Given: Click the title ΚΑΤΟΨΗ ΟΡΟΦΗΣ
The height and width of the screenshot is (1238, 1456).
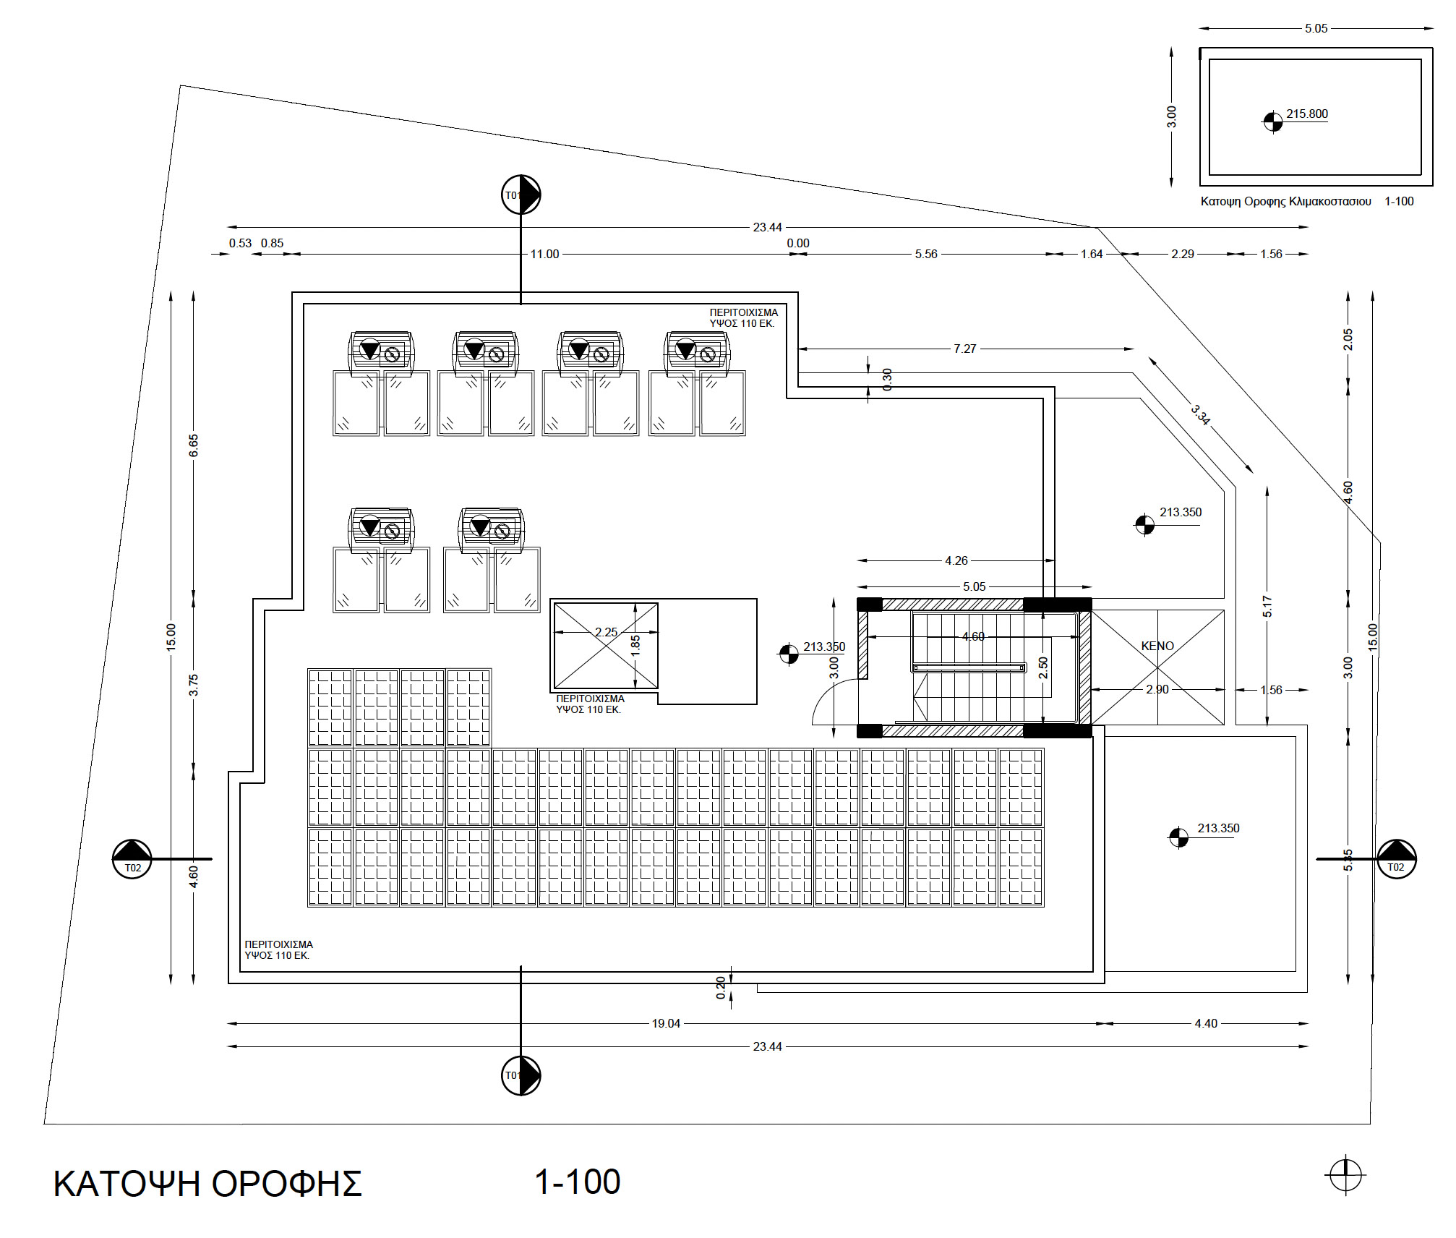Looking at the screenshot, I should (207, 1184).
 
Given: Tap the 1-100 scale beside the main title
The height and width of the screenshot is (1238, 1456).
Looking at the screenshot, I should (577, 1182).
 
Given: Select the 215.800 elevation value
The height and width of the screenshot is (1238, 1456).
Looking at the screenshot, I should (1306, 114).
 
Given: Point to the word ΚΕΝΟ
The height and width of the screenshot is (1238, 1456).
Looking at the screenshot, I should (1157, 646).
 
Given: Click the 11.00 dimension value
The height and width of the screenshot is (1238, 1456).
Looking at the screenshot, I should (544, 255).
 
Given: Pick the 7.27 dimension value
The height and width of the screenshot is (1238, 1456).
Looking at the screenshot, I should (964, 349).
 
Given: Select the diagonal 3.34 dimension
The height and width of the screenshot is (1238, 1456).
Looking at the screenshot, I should (1200, 415).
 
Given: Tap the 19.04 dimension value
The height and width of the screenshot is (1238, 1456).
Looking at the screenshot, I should (666, 1023).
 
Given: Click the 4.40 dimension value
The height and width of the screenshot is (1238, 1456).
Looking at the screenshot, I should (1205, 1023).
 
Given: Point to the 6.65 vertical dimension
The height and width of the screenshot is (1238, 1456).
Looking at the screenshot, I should (194, 445).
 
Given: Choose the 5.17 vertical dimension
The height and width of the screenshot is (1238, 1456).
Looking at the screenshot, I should (1267, 606).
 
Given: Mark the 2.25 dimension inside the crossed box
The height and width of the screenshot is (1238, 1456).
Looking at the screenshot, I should (606, 632).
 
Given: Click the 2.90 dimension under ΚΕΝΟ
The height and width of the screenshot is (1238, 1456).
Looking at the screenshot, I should (1157, 689).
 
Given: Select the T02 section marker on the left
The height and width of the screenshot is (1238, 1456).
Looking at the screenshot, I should (132, 859).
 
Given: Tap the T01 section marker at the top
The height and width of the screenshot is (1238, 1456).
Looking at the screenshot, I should (521, 195).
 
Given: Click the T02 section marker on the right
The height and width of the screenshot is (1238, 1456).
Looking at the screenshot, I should (1396, 859).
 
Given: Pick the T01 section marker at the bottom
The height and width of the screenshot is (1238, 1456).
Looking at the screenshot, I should (521, 1075).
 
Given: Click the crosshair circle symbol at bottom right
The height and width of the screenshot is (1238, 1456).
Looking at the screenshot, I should (1345, 1174).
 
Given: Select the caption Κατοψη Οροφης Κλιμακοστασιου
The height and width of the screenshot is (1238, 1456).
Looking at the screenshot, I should (1285, 202).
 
